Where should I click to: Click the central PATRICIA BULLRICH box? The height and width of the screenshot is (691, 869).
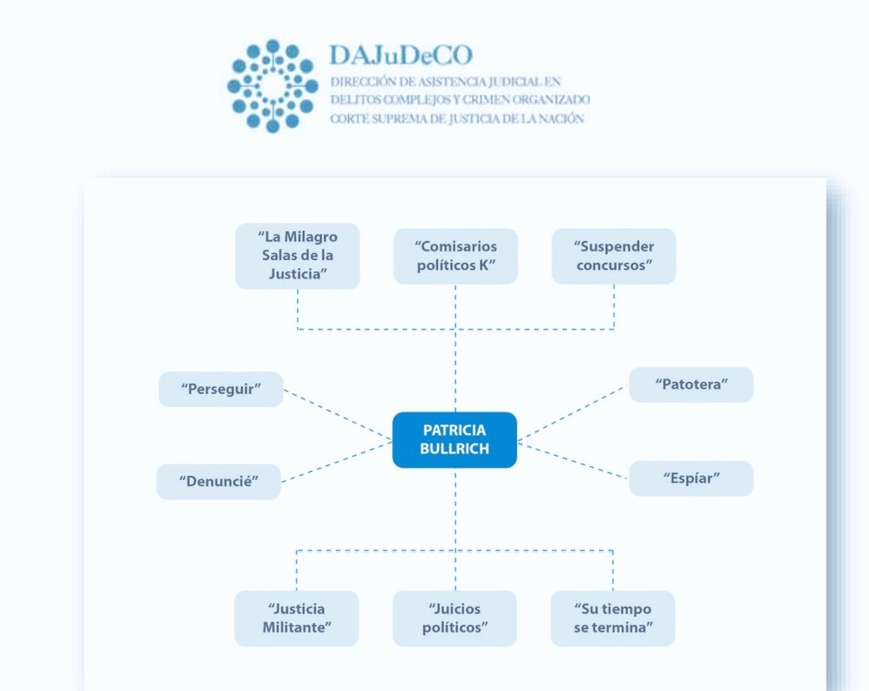454,440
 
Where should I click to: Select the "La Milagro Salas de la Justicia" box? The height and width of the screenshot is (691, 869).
297,256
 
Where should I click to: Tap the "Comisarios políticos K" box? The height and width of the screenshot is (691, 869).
455,256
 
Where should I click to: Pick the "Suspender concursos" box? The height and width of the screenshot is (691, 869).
614,256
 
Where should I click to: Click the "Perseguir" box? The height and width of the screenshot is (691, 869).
221,390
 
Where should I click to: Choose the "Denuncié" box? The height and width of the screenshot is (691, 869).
218,482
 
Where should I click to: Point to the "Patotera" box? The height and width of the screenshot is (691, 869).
691,385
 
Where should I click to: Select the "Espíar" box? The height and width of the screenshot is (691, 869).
691,479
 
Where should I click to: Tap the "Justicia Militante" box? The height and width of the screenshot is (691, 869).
296,618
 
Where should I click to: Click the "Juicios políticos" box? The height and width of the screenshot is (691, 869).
454,618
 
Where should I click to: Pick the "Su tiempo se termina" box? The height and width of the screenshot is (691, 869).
612,618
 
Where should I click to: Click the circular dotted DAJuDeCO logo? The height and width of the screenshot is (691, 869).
272,85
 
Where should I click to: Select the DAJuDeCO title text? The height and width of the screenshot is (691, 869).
401,56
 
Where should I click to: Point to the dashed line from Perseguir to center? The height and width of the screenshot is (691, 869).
338,415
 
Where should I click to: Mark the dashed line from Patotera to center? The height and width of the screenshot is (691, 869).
574,412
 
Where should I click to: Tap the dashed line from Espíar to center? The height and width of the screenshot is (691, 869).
574,460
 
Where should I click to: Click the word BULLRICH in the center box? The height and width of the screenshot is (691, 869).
454,449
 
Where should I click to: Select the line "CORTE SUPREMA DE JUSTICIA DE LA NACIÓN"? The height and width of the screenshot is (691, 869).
457,119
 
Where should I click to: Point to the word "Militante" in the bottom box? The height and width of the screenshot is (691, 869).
296,627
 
